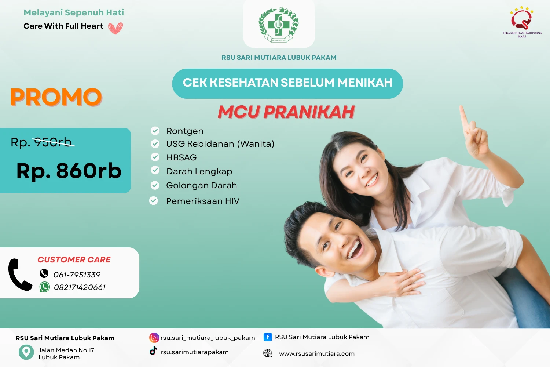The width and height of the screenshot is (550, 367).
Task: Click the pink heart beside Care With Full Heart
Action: (x=115, y=28)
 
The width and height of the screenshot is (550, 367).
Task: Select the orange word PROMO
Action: (x=56, y=97)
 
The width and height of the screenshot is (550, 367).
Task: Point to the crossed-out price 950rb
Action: (x=54, y=142)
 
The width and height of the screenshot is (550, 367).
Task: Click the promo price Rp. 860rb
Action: (x=69, y=171)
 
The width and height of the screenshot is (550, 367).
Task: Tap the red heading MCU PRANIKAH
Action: (x=286, y=112)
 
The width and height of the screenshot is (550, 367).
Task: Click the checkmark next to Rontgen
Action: (x=155, y=131)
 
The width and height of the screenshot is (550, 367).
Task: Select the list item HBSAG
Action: (x=181, y=157)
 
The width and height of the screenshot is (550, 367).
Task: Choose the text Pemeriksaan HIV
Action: (x=203, y=201)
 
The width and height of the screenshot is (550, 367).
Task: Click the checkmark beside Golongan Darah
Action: (x=155, y=185)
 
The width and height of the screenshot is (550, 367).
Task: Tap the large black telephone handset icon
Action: (x=19, y=275)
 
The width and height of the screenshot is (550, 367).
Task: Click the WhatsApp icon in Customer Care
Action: (x=45, y=287)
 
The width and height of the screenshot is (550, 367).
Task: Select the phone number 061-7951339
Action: (x=77, y=275)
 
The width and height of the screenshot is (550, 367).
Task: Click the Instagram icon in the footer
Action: (x=154, y=338)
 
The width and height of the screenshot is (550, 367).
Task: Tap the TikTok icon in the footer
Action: (x=153, y=351)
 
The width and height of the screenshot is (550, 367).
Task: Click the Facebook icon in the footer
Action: (x=268, y=337)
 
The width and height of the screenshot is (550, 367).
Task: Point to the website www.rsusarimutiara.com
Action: (x=317, y=353)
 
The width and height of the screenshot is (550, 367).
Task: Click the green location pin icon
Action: (x=26, y=352)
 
